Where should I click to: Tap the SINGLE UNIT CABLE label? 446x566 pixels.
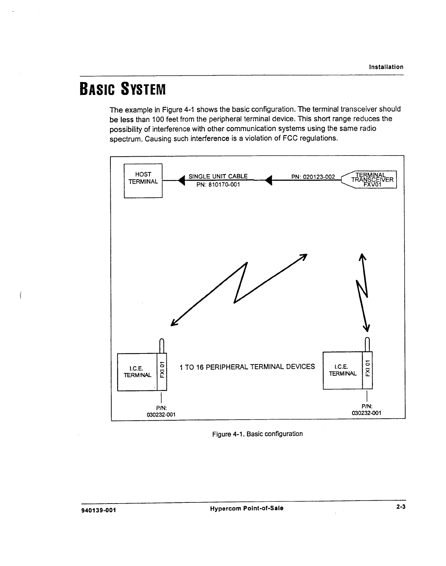click(218, 176)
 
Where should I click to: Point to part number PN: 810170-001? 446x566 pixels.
click(218, 185)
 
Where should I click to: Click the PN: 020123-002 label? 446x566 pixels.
click(313, 177)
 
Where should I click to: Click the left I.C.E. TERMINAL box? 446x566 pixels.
click(137, 372)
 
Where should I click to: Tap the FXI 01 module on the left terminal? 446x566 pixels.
click(162, 372)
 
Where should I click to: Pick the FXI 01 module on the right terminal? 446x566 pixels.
click(367, 370)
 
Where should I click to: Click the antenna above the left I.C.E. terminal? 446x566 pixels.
click(161, 345)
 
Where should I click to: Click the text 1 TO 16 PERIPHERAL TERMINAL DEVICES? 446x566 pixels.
click(247, 367)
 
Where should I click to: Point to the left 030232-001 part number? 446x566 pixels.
click(161, 414)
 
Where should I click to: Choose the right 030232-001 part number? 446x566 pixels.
click(366, 413)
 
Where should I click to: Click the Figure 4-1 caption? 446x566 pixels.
click(257, 434)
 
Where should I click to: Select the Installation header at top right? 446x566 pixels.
click(386, 67)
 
